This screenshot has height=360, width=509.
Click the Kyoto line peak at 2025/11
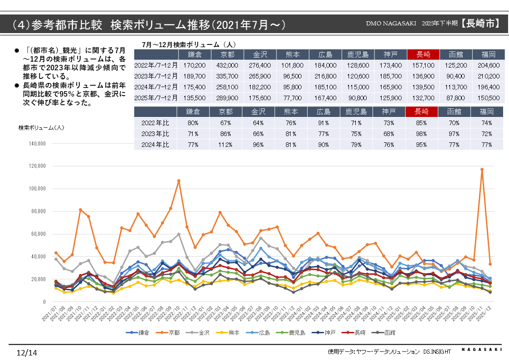coord(482,169)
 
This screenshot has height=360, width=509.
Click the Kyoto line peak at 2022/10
coord(179,180)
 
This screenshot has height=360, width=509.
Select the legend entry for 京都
coord(170,333)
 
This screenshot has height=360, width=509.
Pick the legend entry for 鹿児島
coord(295,333)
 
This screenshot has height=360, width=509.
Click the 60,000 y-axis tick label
coord(38,234)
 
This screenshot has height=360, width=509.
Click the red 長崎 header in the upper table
coord(423,54)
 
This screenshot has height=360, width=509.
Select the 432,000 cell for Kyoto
coord(227,65)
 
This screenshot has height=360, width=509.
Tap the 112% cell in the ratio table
coord(227,145)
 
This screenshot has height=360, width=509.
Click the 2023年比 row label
coord(156,134)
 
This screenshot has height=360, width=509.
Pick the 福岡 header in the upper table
coord(488,54)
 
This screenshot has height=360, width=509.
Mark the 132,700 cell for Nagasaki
coord(423,97)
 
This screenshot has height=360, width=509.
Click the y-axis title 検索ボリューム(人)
coord(41,128)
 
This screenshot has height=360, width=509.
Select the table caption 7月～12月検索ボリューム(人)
coord(189,44)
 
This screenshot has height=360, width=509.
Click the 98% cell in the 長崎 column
coord(423,134)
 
